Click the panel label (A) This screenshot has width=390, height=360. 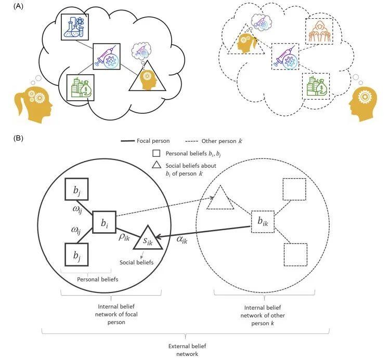click(18, 6)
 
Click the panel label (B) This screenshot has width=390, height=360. click(18, 138)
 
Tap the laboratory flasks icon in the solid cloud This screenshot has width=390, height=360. click(75, 27)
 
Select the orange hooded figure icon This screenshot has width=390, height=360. click(319, 31)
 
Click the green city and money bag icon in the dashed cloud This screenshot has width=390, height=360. click(316, 86)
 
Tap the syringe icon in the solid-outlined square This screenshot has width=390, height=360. click(107, 57)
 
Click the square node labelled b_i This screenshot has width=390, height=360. click(104, 222)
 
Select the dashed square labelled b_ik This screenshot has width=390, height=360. click(263, 222)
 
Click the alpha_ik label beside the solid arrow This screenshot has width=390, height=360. click(182, 239)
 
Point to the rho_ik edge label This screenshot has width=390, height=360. click(124, 237)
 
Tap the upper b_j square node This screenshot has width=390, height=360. click(76, 189)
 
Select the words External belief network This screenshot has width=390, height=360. click(187, 350)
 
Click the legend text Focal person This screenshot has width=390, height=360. click(153, 141)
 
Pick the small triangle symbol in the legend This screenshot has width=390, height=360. click(157, 165)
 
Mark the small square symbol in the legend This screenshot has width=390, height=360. click(156, 153)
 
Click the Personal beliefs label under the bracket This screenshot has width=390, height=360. click(98, 279)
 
